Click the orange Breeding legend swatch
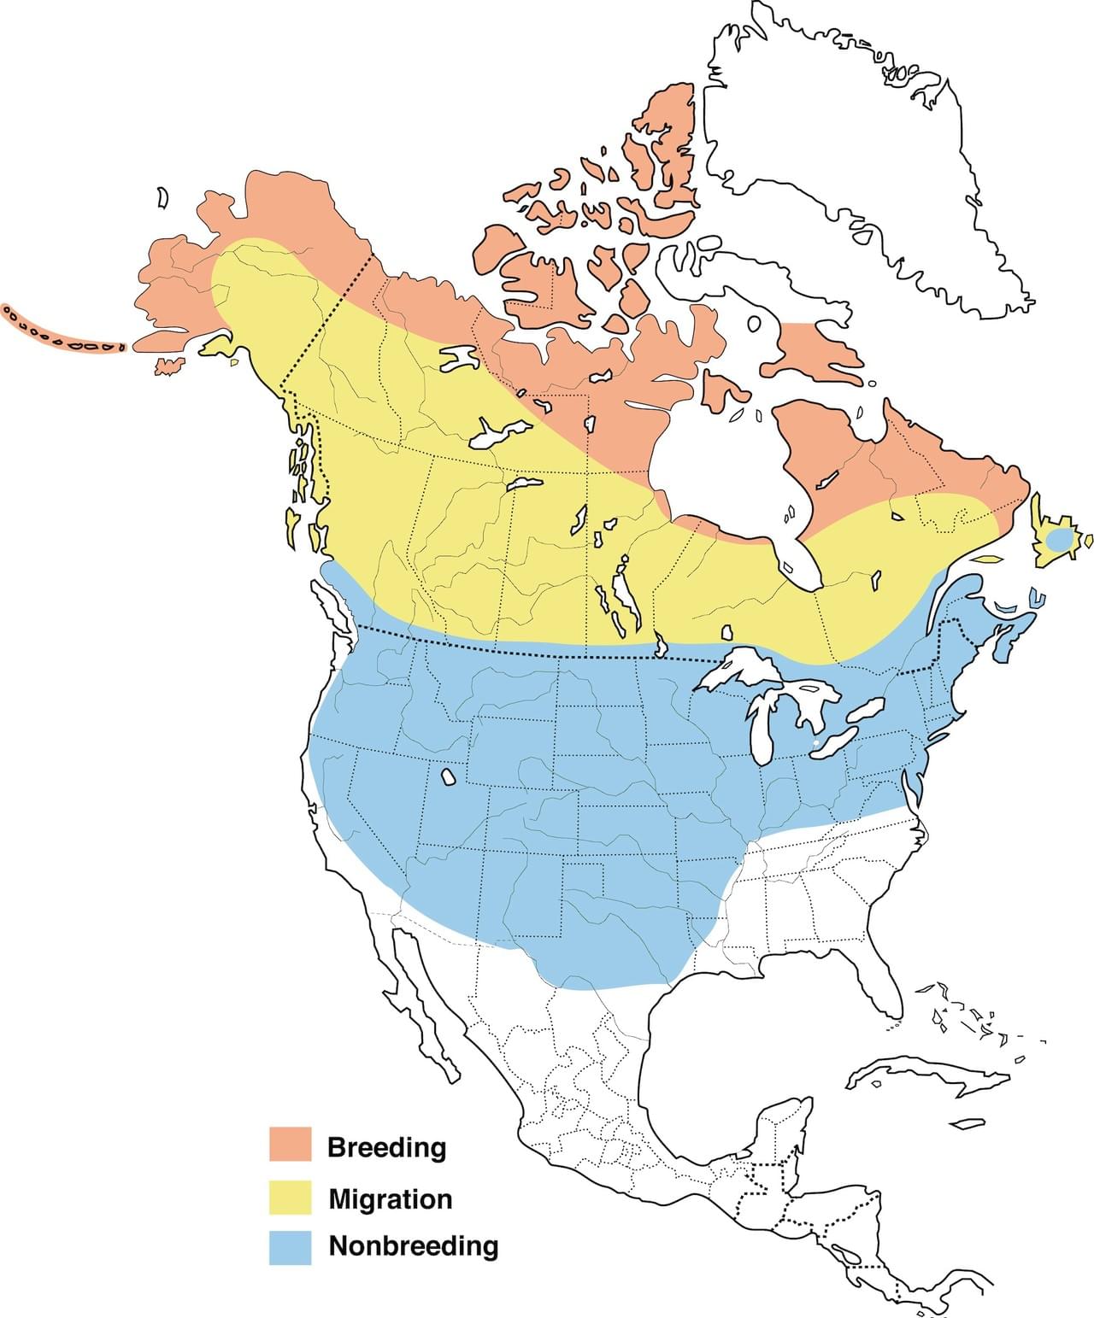[291, 1145]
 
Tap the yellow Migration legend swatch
[291, 1198]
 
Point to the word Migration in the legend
[391, 1198]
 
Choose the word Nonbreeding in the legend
[414, 1245]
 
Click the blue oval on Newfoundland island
[1058, 540]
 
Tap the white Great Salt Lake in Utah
[447, 777]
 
